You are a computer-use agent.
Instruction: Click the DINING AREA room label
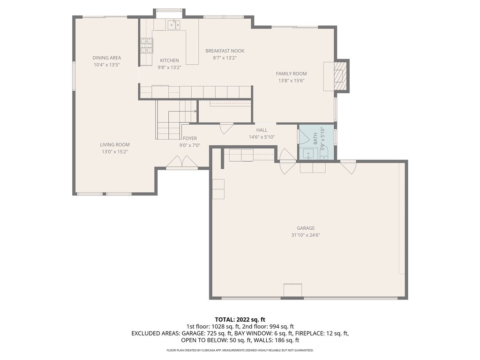tap(106, 58)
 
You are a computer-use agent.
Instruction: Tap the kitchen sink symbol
tap(173, 24)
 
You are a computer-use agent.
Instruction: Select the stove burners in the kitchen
tap(146, 45)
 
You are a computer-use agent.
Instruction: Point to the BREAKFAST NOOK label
tap(225, 51)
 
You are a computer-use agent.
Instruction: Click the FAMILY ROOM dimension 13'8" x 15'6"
tap(292, 81)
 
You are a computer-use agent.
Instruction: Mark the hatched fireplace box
tap(340, 76)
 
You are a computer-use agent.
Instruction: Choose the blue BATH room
tap(316, 142)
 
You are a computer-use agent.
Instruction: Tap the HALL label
tap(262, 130)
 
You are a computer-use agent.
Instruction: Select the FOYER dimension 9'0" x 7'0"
tap(190, 145)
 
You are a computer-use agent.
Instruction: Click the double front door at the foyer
tap(182, 162)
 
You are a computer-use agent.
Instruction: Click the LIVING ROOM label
tap(115, 144)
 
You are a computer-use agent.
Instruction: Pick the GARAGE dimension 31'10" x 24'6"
tap(306, 235)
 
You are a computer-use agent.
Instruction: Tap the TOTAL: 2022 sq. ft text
tap(240, 320)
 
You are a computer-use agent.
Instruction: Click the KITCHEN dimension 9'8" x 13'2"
tap(170, 67)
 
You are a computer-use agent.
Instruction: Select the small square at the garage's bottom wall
tap(292, 290)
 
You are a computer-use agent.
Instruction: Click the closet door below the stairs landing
tap(227, 128)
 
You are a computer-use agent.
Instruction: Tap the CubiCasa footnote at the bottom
tap(240, 350)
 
